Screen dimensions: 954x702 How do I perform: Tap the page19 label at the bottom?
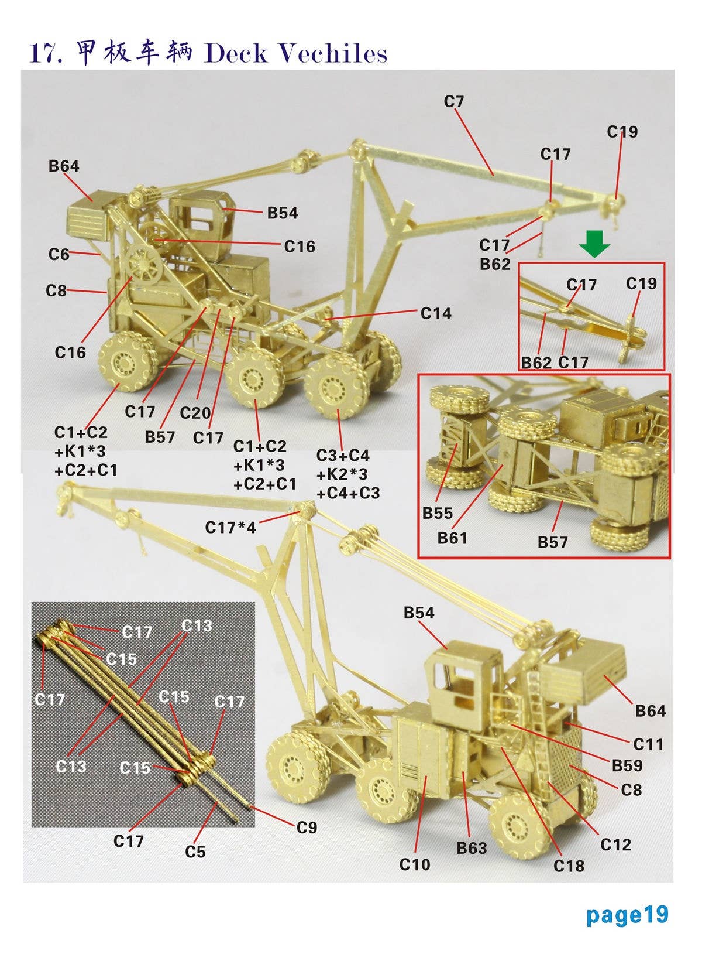pyautogui.click(x=627, y=915)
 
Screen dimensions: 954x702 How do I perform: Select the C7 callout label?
pyautogui.click(x=453, y=102)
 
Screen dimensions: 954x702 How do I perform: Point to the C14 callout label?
pyautogui.click(x=436, y=314)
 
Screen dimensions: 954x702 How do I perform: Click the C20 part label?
pyautogui.click(x=195, y=413)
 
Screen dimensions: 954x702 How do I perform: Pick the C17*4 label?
pyautogui.click(x=230, y=528)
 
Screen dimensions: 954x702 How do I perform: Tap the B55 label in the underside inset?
pyautogui.click(x=438, y=514)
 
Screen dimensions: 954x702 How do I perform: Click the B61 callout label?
pyautogui.click(x=452, y=538)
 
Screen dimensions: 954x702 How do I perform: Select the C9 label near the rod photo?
pyautogui.click(x=307, y=828)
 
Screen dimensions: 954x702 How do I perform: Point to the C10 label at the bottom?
pyautogui.click(x=414, y=864)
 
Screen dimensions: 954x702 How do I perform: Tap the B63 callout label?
pyautogui.click(x=472, y=848)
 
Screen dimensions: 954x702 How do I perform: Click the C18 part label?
pyautogui.click(x=569, y=866)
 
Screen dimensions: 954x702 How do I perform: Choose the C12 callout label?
pyautogui.click(x=615, y=844)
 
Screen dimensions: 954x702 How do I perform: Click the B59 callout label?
pyautogui.click(x=627, y=765)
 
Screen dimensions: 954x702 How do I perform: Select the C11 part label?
pyautogui.click(x=648, y=744)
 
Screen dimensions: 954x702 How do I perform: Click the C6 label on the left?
pyautogui.click(x=58, y=255)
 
